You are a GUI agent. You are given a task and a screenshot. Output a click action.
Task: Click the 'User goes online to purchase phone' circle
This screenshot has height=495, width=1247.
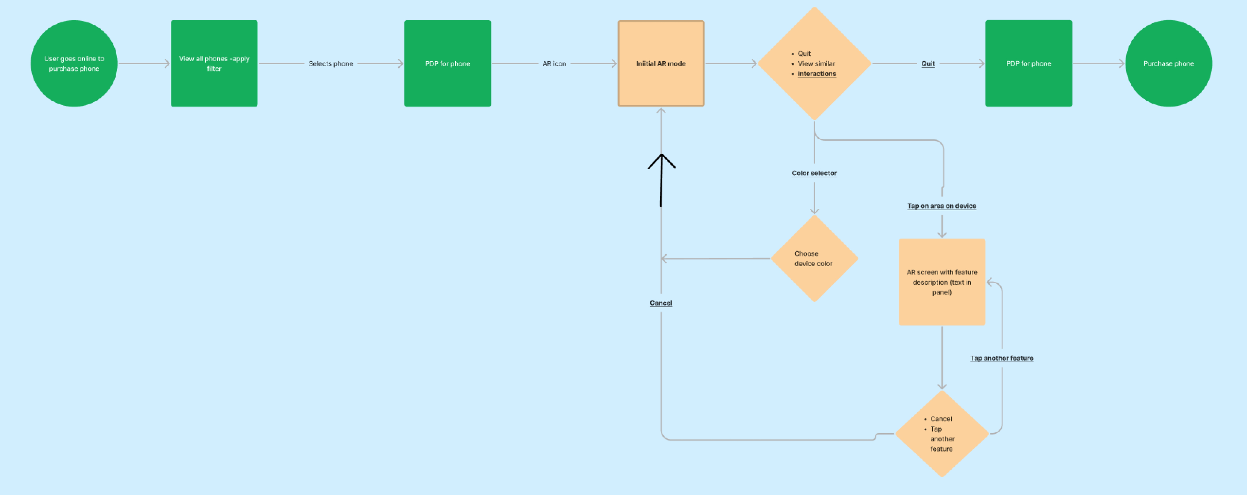(74, 63)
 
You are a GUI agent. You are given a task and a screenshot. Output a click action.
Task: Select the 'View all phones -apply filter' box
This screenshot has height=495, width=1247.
(214, 63)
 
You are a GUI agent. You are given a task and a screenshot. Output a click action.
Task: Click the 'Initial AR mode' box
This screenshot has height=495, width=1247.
(661, 63)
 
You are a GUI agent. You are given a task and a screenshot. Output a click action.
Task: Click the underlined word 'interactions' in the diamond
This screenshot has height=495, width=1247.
(817, 74)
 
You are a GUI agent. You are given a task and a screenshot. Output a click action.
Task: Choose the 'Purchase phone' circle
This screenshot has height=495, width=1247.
(1168, 63)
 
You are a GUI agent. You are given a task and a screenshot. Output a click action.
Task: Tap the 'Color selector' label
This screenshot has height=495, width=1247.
(814, 173)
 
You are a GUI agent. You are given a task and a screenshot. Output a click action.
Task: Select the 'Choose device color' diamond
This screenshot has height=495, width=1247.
(814, 258)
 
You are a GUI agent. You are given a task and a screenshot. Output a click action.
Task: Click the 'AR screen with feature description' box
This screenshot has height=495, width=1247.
(942, 282)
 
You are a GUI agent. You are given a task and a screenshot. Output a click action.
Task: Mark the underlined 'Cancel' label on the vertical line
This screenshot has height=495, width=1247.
(661, 303)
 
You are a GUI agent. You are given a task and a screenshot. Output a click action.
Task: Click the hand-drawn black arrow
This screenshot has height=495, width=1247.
(661, 179)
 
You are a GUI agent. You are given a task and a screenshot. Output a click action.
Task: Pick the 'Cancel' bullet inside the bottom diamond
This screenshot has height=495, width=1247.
(940, 419)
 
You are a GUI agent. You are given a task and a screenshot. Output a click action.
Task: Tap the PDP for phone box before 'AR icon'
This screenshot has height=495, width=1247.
(447, 63)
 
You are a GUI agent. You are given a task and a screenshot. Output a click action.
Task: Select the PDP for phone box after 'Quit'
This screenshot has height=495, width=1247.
(1028, 63)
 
